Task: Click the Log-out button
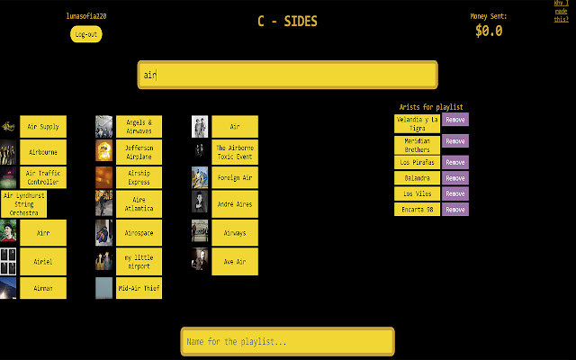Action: pos(86,34)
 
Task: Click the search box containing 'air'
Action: pos(287,75)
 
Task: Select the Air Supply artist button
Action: pos(42,127)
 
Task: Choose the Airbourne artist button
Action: pos(42,153)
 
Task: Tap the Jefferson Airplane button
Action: pos(139,151)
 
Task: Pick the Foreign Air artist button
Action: pos(235,177)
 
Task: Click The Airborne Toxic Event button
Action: pos(235,151)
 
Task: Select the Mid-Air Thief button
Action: pos(139,288)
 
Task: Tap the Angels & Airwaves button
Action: pos(139,126)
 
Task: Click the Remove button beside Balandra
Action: pos(455,178)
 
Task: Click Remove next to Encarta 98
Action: pos(455,209)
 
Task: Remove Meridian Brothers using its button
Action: pos(455,141)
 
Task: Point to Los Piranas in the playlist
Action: pos(417,163)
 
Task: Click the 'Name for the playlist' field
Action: pos(287,341)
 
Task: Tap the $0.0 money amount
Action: pos(489,31)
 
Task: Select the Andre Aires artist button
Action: pos(235,204)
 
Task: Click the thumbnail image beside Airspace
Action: pos(103,233)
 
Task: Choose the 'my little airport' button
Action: pos(139,261)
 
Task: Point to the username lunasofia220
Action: pos(86,16)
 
